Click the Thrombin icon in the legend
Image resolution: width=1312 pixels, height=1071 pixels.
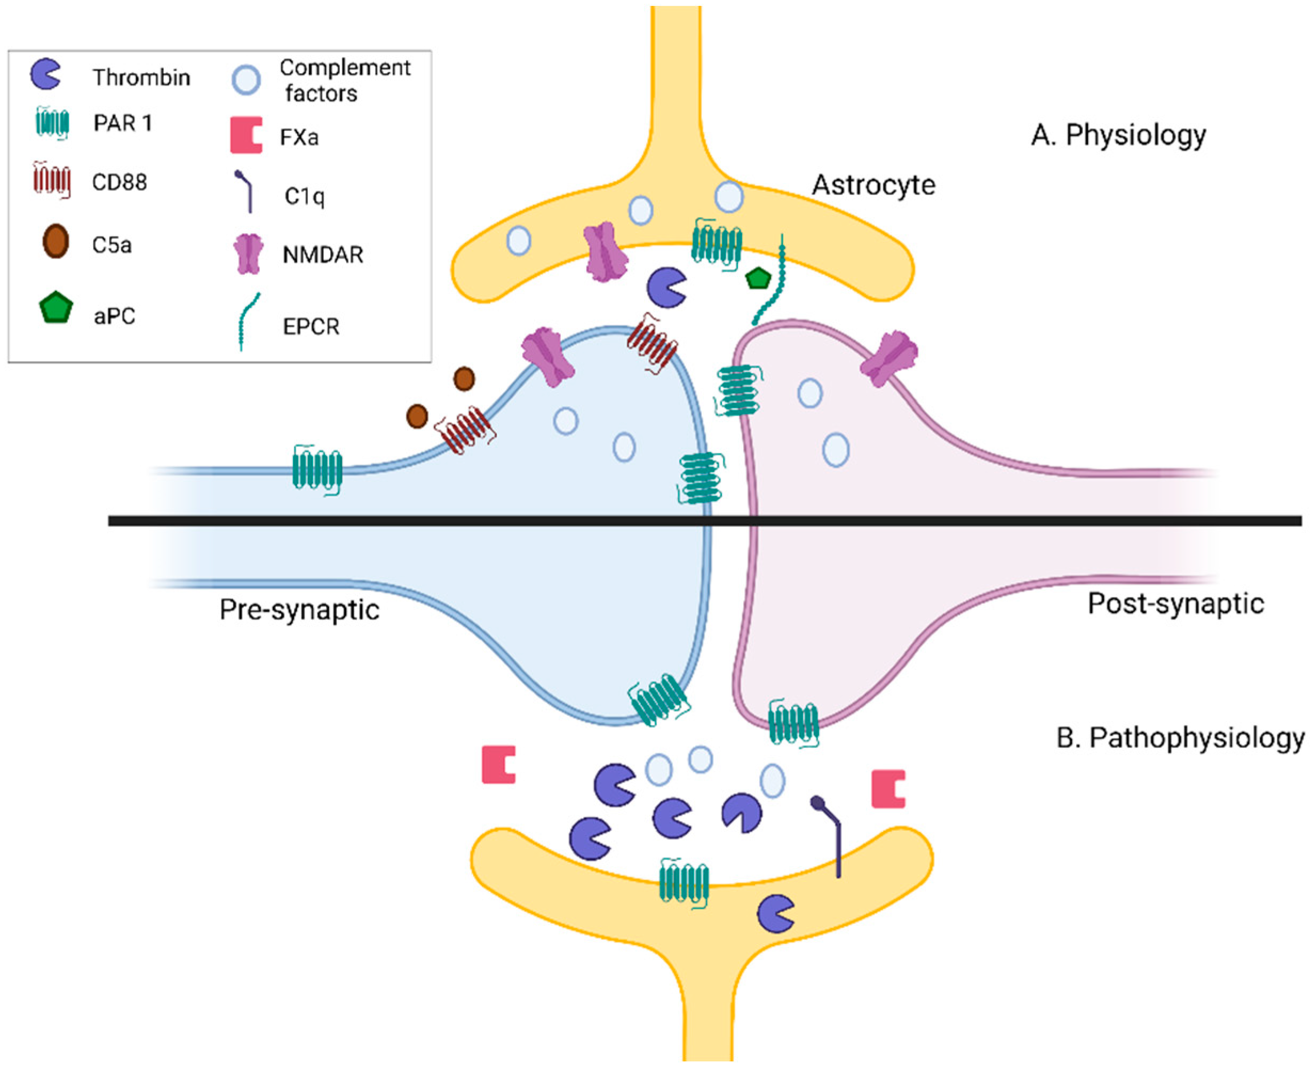[45, 74]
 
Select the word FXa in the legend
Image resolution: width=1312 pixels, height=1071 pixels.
[299, 137]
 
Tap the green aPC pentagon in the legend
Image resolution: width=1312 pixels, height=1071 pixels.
[56, 307]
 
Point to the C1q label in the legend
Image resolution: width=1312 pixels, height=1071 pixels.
[304, 196]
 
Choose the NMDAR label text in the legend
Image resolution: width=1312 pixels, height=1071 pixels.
[323, 254]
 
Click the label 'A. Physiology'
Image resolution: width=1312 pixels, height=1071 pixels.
[1118, 134]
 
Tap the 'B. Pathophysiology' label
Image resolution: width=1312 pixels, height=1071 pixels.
[1180, 738]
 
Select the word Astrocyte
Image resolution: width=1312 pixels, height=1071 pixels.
[872, 185]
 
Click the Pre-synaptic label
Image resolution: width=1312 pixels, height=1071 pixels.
[299, 610]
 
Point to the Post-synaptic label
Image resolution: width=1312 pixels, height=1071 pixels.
[1175, 603]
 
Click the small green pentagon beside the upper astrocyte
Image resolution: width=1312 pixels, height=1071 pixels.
[757, 279]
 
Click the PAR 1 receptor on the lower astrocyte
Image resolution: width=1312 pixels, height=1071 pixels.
[683, 882]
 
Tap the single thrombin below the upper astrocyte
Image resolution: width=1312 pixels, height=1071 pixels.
[666, 287]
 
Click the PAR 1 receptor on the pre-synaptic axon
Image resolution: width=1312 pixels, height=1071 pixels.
[316, 470]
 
